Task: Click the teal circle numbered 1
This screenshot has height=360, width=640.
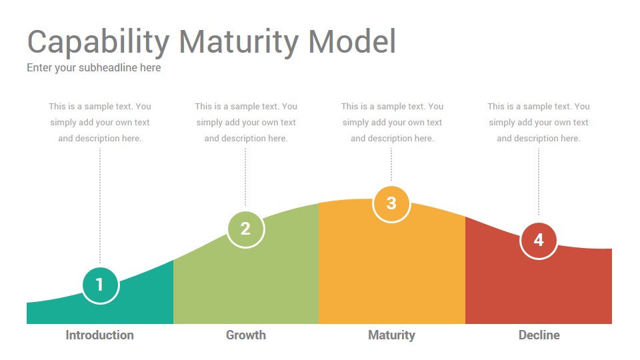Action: pos(101,285)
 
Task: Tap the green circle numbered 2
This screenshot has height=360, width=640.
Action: pos(246,229)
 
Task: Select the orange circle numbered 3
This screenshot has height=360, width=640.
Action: pos(391,203)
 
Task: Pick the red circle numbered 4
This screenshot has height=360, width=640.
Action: pos(539,241)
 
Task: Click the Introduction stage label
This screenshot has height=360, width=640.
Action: pos(99,335)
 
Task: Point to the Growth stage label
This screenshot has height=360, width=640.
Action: pos(246,335)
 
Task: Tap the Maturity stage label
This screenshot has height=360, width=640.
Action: pos(391,335)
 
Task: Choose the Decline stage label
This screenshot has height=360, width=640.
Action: pos(539,335)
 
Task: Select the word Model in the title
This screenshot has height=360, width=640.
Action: pos(352,41)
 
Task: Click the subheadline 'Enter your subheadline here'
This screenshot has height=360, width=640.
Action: pos(94,68)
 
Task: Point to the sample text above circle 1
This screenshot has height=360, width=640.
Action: pos(99,123)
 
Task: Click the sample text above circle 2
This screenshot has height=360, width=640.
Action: pos(246,123)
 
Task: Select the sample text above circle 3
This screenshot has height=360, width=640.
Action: pos(392,123)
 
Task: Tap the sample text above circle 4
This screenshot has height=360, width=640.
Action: pos(539,123)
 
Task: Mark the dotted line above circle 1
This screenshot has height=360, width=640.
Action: pos(100,206)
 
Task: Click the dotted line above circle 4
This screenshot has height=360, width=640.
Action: pos(539,181)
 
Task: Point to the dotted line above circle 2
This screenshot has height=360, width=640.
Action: pos(245,177)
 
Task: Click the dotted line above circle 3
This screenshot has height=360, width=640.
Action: pos(391,164)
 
